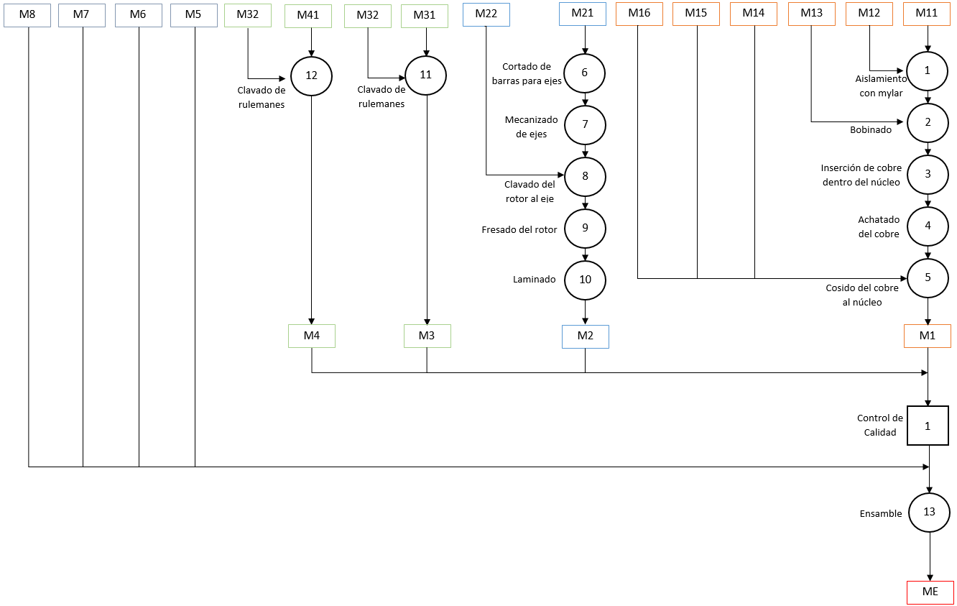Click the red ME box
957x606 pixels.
click(930, 592)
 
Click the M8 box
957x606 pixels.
click(27, 15)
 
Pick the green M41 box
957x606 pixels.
click(308, 16)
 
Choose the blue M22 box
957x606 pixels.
click(486, 14)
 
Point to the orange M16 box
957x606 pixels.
click(639, 14)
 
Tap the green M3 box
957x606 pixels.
click(427, 336)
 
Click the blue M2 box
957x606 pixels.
click(586, 336)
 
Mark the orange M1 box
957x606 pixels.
click(928, 336)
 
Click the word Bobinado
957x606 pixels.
click(871, 130)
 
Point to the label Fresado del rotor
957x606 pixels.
click(519, 230)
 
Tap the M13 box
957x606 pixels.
click(812, 14)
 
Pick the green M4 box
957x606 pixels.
click(312, 336)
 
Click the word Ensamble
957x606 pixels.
click(881, 514)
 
